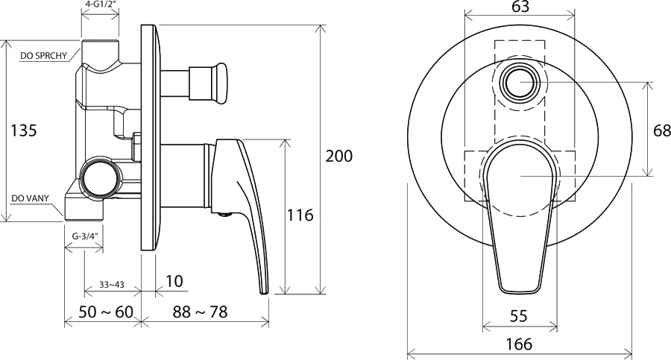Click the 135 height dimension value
tap(24, 130)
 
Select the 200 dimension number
tap(339, 157)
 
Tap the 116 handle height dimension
tap(300, 215)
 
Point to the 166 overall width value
tap(519, 344)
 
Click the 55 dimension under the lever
tap(519, 316)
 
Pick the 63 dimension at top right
tap(520, 7)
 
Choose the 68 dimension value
tap(661, 130)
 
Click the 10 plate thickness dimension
tap(174, 281)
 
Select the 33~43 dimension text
tap(112, 285)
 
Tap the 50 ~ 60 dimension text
tap(106, 312)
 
